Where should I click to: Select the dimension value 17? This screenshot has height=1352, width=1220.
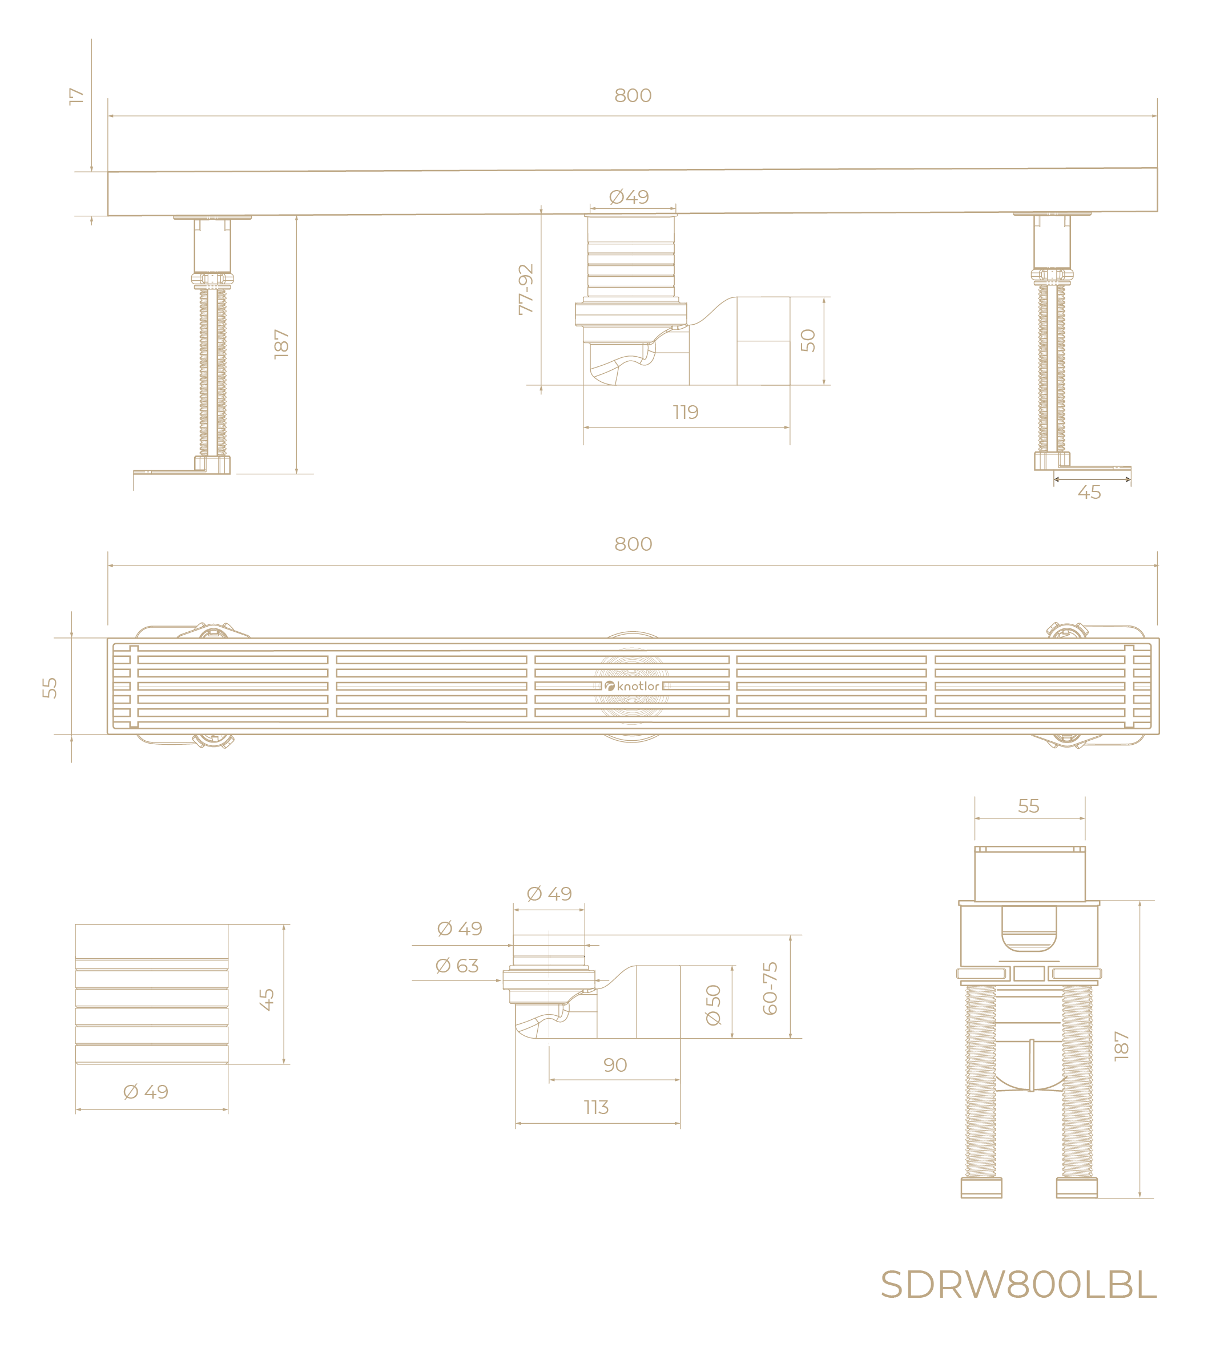coord(76,96)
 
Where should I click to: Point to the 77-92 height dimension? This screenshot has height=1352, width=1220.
coord(526,289)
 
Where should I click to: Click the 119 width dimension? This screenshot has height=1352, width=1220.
coord(685,412)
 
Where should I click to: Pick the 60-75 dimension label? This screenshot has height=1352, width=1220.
coord(770,988)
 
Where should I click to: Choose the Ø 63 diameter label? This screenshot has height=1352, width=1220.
coord(457,966)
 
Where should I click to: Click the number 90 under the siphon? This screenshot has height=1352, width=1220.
coord(615,1064)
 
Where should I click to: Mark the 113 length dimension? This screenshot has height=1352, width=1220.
coord(596,1107)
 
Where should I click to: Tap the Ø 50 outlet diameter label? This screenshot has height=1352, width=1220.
coord(714,1005)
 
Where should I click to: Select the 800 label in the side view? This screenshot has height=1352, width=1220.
coord(633,96)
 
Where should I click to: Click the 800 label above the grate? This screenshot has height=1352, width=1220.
coord(633,544)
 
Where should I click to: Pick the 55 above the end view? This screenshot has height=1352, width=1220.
coord(1028,806)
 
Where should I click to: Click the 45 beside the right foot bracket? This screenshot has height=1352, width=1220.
coord(1089,493)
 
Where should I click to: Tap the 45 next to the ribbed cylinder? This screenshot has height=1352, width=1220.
coord(267,1000)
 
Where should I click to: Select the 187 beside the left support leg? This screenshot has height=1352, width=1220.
coord(281,344)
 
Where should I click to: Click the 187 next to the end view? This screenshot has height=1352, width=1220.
coord(1121,1046)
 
